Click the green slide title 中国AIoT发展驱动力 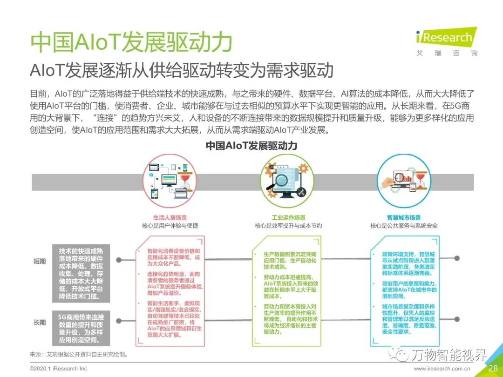[131, 43]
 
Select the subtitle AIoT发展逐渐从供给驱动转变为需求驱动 [182, 70]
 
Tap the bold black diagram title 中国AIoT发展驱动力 [251, 146]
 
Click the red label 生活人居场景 [170, 217]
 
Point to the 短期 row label [40, 261]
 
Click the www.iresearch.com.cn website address [442, 369]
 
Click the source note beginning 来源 [79, 354]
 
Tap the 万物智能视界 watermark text [447, 355]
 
